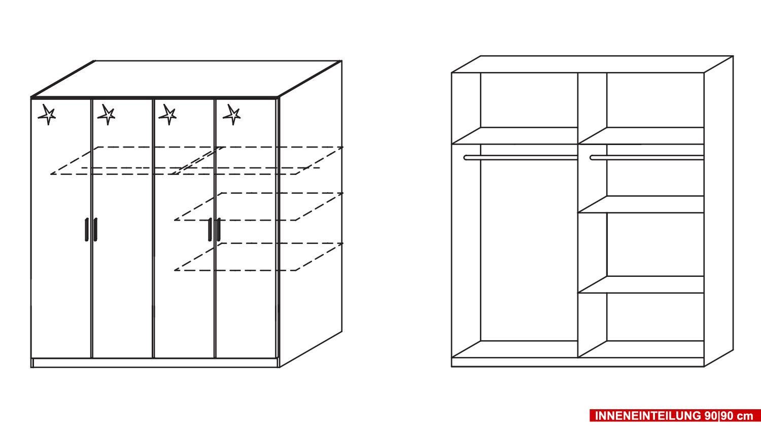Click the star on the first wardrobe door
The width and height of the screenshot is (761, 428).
(47, 115)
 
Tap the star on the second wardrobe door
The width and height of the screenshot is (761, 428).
(107, 115)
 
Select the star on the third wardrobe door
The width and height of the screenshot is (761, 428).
(168, 115)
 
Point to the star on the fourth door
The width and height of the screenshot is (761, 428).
(232, 115)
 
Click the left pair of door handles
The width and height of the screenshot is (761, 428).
(91, 230)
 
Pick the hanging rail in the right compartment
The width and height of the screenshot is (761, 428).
(647, 158)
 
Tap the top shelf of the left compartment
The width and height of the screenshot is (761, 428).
(515, 136)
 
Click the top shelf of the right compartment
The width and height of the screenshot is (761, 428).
(641, 136)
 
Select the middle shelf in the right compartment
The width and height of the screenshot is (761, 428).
(641, 204)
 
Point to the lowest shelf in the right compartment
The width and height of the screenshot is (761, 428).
(641, 284)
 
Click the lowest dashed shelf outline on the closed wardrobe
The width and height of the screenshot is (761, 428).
(259, 257)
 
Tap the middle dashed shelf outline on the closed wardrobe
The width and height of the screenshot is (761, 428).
(259, 206)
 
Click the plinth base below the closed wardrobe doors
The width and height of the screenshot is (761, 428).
(155, 363)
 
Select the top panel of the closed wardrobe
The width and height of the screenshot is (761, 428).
(186, 79)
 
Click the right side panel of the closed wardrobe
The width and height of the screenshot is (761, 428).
(310, 214)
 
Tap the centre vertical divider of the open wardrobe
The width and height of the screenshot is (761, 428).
(578, 215)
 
